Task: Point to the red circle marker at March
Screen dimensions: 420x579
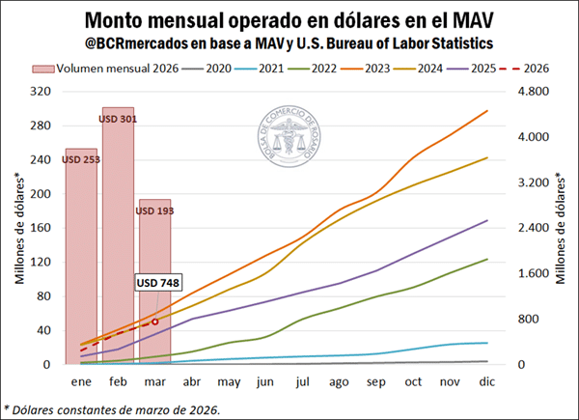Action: click(x=155, y=322)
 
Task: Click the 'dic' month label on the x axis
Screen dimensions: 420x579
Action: click(x=487, y=382)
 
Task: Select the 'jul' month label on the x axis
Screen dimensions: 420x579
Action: click(x=303, y=382)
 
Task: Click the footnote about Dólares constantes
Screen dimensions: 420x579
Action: click(x=113, y=408)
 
